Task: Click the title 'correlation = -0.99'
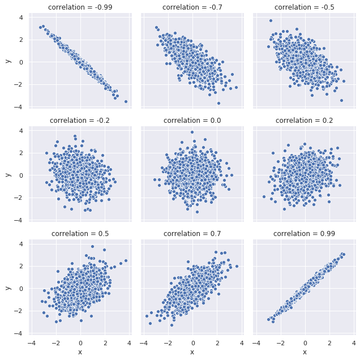click(80, 7)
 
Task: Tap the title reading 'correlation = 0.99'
click(305, 234)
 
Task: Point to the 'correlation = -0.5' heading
click(305, 7)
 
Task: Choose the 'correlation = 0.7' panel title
click(192, 234)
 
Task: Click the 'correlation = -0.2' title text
click(80, 121)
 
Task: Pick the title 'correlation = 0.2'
click(305, 121)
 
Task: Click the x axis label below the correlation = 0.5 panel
click(80, 352)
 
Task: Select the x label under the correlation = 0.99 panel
click(305, 352)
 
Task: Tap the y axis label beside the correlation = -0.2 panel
click(7, 175)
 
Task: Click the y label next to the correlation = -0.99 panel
click(7, 62)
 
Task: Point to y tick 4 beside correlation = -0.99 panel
click(20, 18)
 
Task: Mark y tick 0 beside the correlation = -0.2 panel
click(20, 175)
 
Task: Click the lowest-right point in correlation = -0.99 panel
click(126, 101)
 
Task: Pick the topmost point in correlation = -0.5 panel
click(271, 20)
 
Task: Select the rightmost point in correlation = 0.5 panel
click(126, 261)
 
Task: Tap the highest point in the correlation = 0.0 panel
click(192, 132)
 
